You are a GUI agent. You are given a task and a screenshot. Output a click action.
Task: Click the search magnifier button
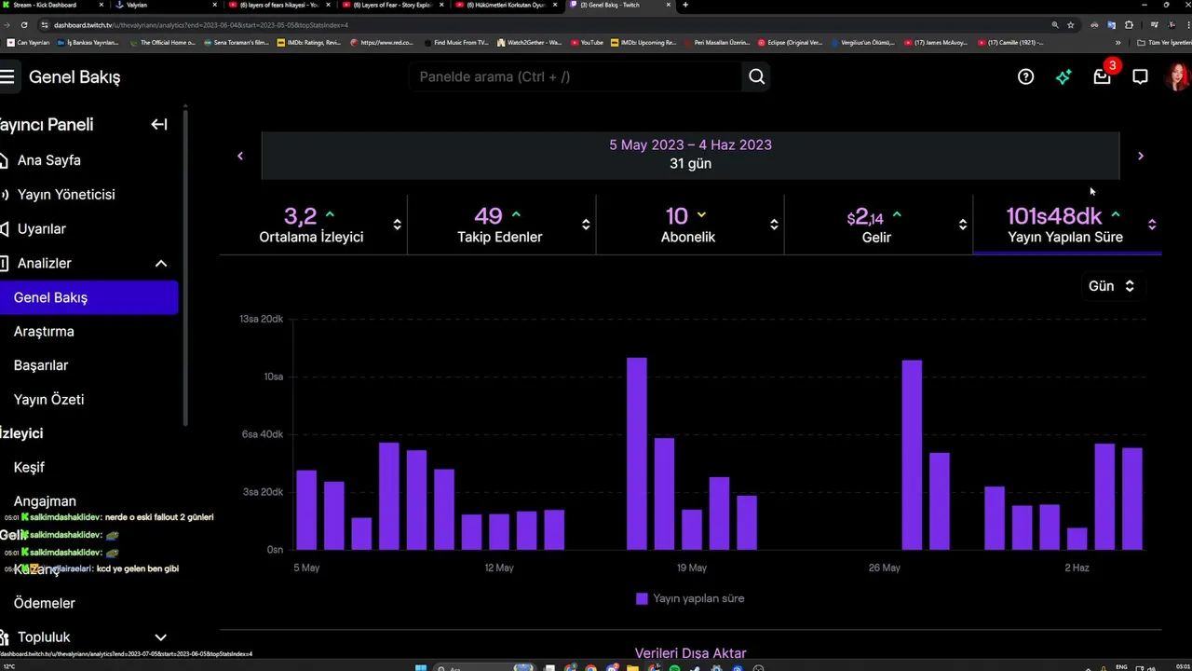[x=756, y=77]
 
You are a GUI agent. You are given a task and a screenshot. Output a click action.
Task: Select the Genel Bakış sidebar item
[x=51, y=297]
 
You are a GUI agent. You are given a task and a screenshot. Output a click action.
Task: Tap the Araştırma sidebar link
[x=44, y=332]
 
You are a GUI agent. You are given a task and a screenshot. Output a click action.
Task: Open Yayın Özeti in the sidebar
[x=48, y=400]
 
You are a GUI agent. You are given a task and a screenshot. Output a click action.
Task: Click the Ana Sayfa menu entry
[x=48, y=160]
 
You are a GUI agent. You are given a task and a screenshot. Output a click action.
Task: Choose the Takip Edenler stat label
[x=499, y=238]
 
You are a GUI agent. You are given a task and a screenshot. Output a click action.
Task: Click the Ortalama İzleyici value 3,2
[x=300, y=216]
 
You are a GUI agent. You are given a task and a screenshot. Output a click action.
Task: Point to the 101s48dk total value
[x=1053, y=216]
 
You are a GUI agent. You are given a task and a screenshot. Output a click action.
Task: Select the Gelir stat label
[x=876, y=238]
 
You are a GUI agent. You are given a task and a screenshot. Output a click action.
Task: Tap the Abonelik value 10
[x=676, y=216]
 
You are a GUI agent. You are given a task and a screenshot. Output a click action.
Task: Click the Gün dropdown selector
[x=1111, y=286]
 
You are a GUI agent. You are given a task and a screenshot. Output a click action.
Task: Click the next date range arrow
[x=1140, y=156]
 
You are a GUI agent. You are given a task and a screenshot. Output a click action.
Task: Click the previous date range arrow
[x=240, y=156]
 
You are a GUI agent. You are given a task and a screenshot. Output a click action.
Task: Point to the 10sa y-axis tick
[x=273, y=377]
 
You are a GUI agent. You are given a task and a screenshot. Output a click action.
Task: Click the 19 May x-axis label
[x=691, y=568]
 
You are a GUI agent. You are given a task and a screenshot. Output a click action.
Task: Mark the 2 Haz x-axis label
[x=1077, y=568]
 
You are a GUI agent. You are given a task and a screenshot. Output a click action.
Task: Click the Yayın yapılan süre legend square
[x=642, y=598]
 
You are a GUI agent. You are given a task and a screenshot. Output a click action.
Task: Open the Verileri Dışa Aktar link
[x=690, y=653]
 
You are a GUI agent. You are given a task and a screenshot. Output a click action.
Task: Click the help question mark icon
[x=1025, y=77]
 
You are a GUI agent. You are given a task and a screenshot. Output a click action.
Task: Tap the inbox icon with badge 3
[x=1102, y=77]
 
